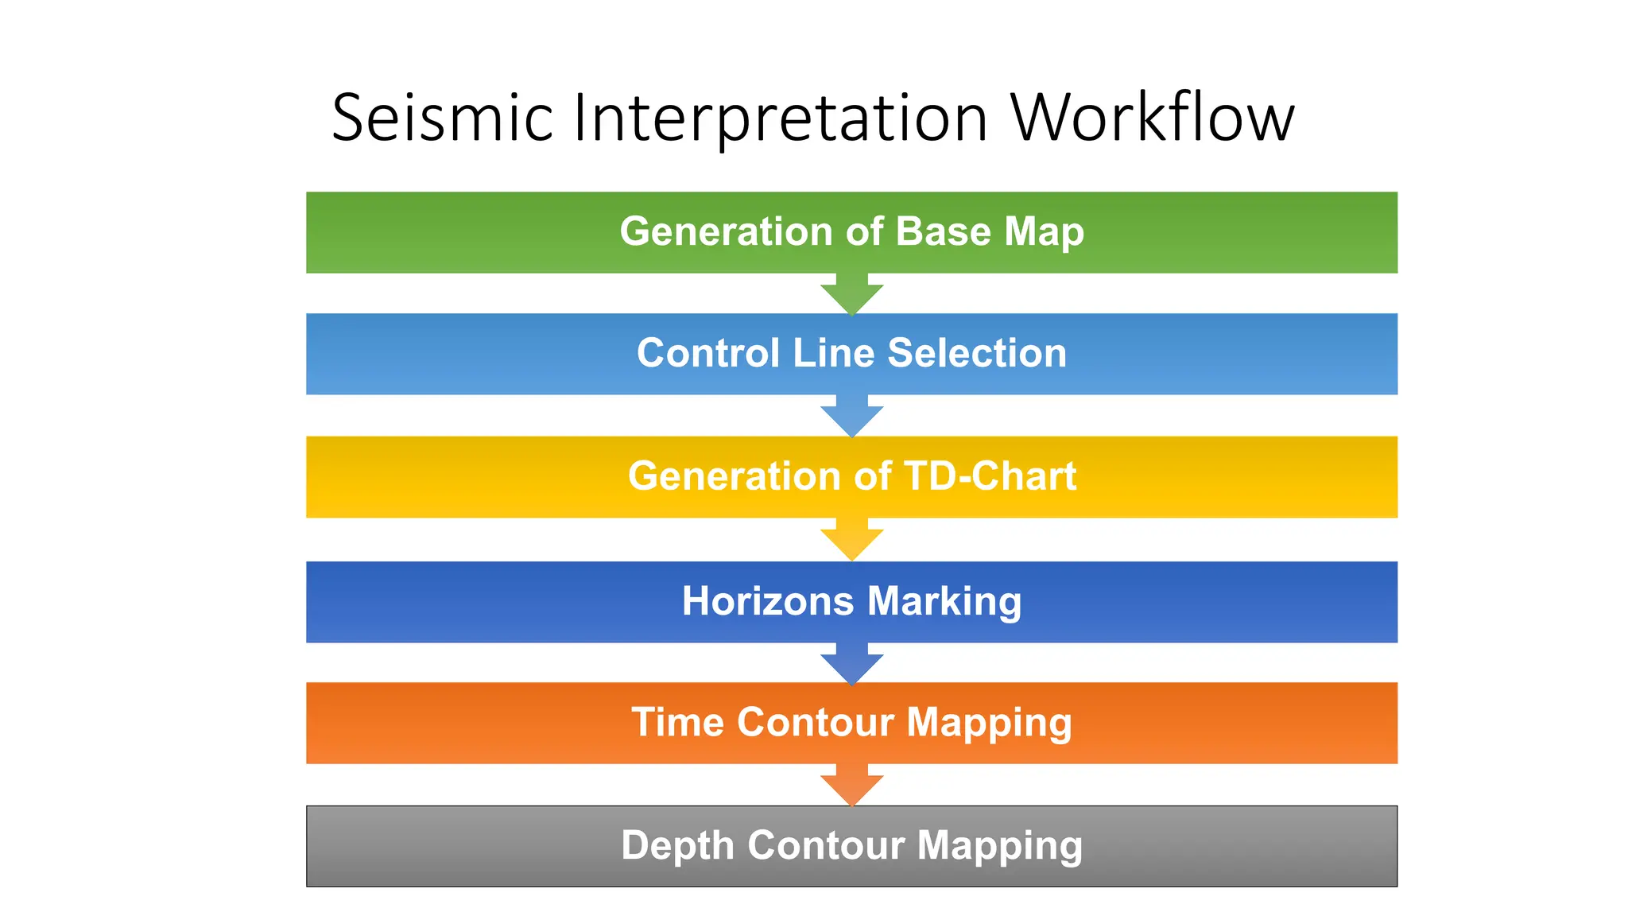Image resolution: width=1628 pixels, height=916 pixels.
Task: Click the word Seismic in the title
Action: (x=442, y=118)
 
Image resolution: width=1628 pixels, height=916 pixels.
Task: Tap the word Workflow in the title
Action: (x=1152, y=118)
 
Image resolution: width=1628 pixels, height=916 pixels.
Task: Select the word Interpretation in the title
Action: (x=780, y=118)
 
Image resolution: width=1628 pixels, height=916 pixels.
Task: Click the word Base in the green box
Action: (x=944, y=231)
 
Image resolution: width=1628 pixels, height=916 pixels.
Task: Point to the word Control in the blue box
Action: (x=708, y=353)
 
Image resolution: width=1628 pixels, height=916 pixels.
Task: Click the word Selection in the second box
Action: (x=977, y=353)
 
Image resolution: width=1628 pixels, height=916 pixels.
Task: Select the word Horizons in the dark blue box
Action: (x=768, y=601)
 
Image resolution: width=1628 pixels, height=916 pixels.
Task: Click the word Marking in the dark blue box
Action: (x=944, y=601)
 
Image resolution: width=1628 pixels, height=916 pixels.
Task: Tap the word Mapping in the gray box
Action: (x=999, y=845)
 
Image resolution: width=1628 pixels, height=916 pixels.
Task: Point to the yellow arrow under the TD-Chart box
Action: (x=851, y=540)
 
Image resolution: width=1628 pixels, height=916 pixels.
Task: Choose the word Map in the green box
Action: (x=1044, y=231)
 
